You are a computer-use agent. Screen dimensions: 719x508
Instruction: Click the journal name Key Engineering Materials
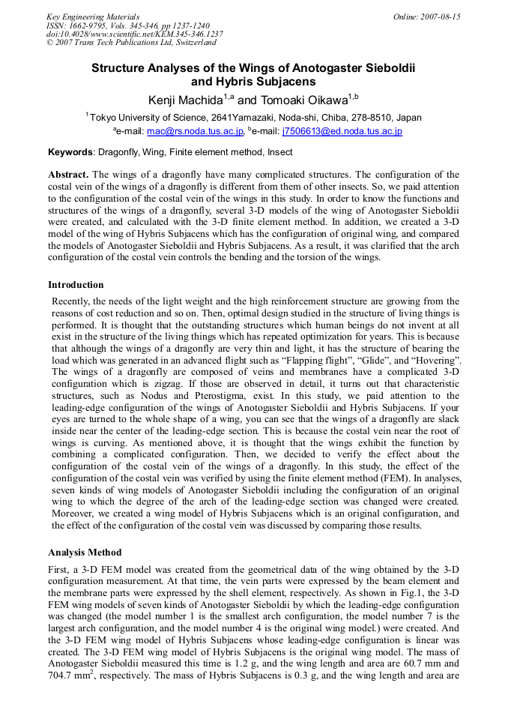click(x=93, y=16)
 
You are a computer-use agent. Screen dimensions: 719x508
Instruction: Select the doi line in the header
click(x=135, y=34)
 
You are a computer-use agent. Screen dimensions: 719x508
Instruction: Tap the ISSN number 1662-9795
click(x=94, y=25)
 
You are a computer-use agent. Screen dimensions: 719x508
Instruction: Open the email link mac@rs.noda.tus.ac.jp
click(x=196, y=132)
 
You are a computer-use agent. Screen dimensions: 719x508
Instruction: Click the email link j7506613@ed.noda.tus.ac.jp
click(x=342, y=132)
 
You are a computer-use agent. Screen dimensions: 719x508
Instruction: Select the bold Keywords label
click(x=70, y=152)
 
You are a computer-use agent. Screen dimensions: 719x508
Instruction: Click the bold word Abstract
click(x=68, y=174)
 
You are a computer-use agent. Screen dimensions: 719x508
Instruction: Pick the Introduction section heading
click(x=76, y=285)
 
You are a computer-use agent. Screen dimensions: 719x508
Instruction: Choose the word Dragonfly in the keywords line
click(x=122, y=152)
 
